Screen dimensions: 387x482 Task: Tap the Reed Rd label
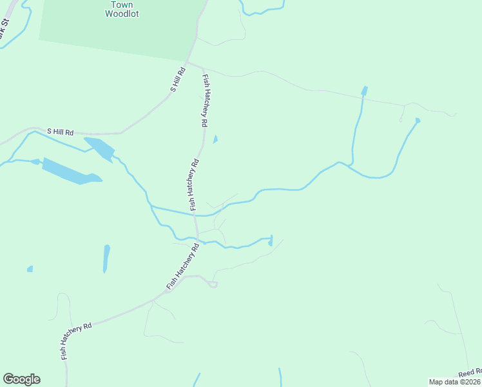[470, 373]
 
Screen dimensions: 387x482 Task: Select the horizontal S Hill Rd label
[60, 132]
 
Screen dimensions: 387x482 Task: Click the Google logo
[21, 379]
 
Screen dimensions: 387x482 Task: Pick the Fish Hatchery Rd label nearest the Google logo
[76, 341]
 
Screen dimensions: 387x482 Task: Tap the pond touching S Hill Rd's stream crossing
[100, 148]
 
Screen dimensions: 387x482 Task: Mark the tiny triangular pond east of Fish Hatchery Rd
[215, 139]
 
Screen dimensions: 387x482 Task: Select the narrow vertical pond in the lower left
[106, 257]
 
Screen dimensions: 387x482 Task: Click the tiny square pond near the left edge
[30, 268]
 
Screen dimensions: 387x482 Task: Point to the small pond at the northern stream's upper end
[365, 90]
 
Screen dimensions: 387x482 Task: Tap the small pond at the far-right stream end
[418, 121]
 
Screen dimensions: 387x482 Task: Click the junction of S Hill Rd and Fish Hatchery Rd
[187, 63]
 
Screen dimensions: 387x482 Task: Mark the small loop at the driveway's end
[214, 284]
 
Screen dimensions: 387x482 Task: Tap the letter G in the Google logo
[8, 379]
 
